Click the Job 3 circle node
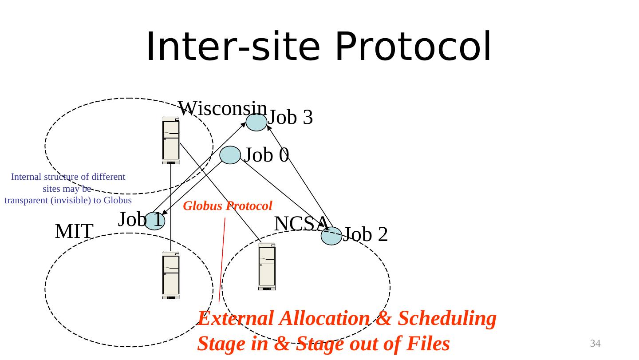[x=256, y=122]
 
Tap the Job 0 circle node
[x=230, y=155]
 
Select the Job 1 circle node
[x=154, y=221]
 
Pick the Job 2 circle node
[x=331, y=236]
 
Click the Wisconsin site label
[x=222, y=108]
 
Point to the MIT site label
[x=74, y=231]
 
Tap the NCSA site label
[x=301, y=223]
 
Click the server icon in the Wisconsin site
[x=171, y=140]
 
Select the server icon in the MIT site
[x=171, y=275]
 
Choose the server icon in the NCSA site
[x=267, y=266]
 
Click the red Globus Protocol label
[x=227, y=206]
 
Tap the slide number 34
[x=595, y=343]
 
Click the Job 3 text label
[x=291, y=118]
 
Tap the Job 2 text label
[x=366, y=234]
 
